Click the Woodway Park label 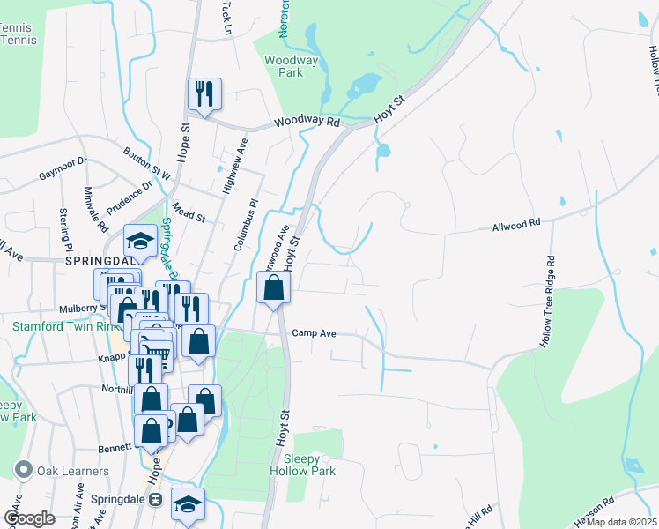[285, 66]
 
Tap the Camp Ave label [315, 334]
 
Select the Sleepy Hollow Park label [309, 465]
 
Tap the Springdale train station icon [156, 499]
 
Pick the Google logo [30, 518]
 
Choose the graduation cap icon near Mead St [140, 241]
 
